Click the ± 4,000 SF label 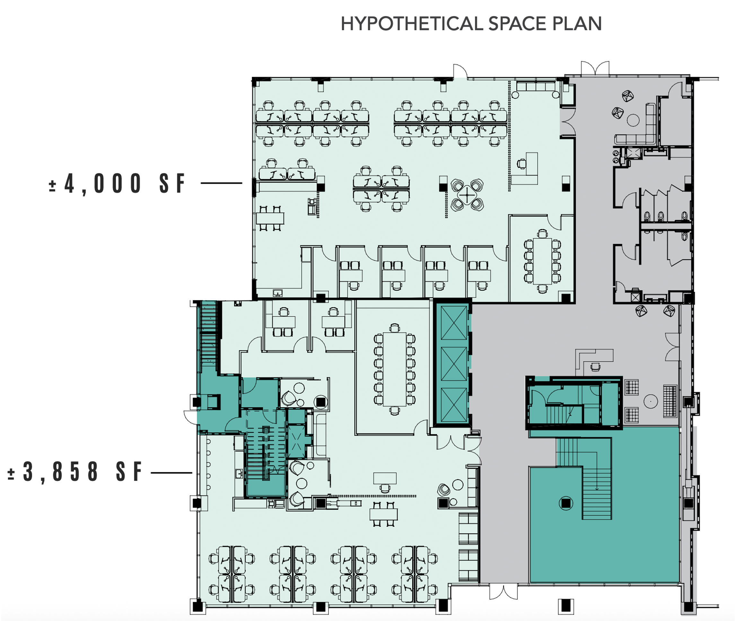pos(117,183)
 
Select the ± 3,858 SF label pos(74,472)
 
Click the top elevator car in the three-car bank pos(453,323)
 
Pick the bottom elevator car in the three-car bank pos(453,404)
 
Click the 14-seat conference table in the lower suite pos(394,369)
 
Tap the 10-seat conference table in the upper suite pos(542,261)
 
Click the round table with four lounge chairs pos(467,195)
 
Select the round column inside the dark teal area pos(566,503)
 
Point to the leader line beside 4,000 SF pos(221,183)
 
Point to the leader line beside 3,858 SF pos(171,473)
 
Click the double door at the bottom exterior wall pos(504,591)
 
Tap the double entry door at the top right pos(595,68)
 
